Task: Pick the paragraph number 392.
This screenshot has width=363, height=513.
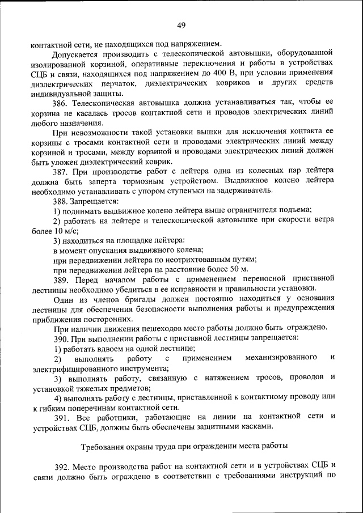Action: click(62, 466)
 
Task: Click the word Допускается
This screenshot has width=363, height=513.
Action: click(76, 56)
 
